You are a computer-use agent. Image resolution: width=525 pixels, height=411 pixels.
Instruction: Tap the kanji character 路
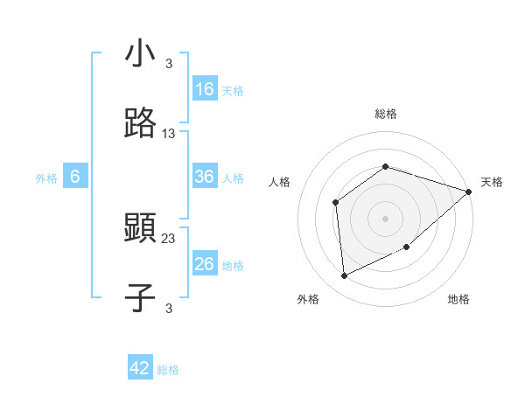pyautogui.click(x=140, y=125)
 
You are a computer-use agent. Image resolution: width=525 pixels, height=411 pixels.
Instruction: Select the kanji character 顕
pyautogui.click(x=140, y=230)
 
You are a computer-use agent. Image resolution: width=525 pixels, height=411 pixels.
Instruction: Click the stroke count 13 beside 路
pyautogui.click(x=169, y=134)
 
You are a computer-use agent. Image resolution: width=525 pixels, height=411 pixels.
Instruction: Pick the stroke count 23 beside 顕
pyautogui.click(x=169, y=238)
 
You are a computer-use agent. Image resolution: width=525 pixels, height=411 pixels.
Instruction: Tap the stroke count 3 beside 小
pyautogui.click(x=169, y=63)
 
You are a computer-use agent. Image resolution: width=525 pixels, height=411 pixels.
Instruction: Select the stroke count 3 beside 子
pyautogui.click(x=169, y=308)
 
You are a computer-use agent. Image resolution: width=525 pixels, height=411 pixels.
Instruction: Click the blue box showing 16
pyautogui.click(x=205, y=89)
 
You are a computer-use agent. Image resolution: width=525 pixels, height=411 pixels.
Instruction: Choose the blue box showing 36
pyautogui.click(x=205, y=177)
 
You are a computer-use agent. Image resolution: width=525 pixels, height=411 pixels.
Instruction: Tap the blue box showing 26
pyautogui.click(x=205, y=264)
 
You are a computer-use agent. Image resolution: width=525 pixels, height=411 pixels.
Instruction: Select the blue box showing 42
pyautogui.click(x=140, y=368)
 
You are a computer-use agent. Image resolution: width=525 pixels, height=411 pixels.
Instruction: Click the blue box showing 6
pyautogui.click(x=75, y=177)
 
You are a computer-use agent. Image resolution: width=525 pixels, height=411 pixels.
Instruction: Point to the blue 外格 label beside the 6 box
pyautogui.click(x=46, y=178)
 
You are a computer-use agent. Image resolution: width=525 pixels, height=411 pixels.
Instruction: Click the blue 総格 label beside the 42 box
pyautogui.click(x=168, y=369)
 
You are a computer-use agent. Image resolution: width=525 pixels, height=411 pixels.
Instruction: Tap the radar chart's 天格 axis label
pyautogui.click(x=492, y=182)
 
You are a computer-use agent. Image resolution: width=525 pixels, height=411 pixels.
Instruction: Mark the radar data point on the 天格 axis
pyautogui.click(x=469, y=192)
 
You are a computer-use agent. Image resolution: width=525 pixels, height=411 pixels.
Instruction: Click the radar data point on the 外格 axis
pyautogui.click(x=345, y=276)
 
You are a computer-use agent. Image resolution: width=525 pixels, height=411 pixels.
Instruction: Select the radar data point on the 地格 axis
pyautogui.click(x=407, y=247)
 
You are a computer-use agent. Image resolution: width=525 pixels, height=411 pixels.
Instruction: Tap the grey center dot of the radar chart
pyautogui.click(x=386, y=218)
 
